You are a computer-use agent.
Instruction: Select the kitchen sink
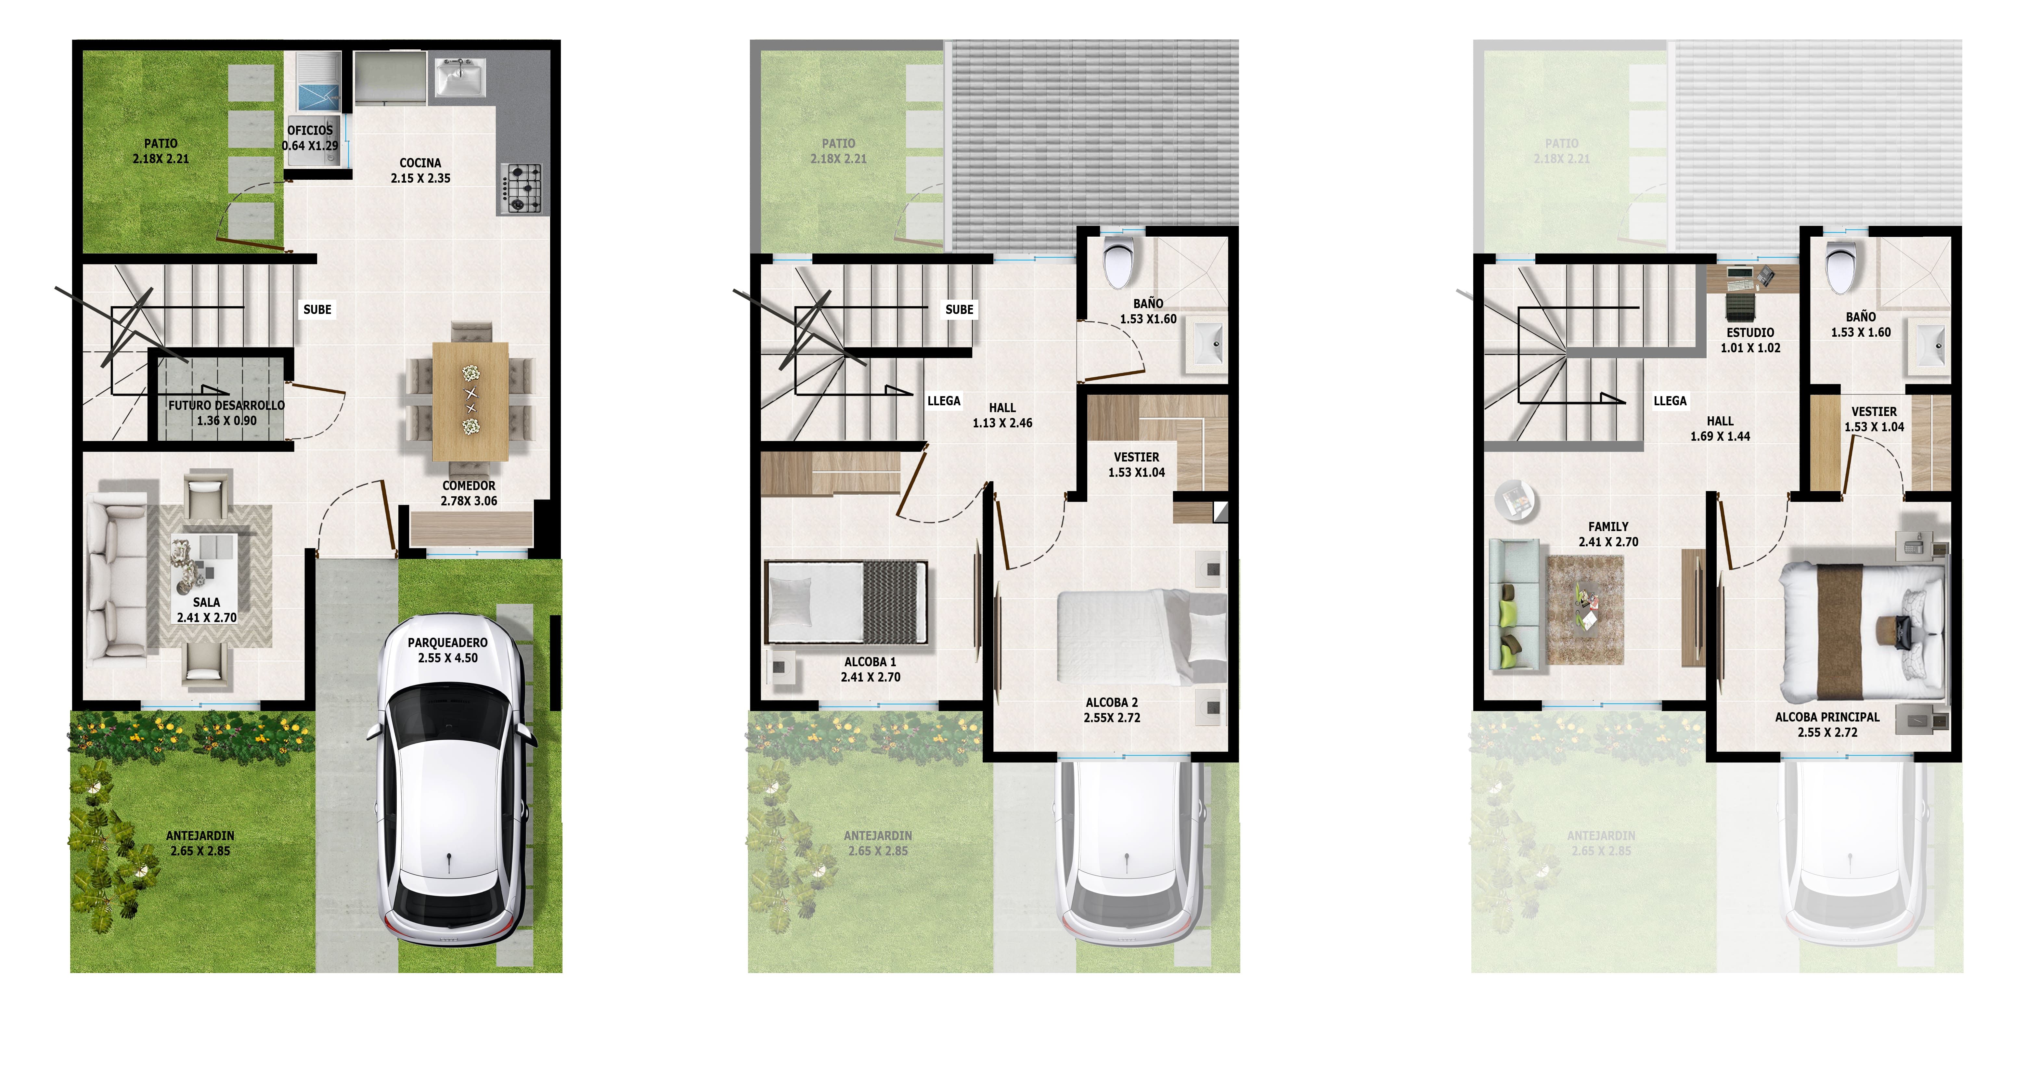pos(460,77)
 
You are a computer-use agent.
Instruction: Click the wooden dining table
pos(470,401)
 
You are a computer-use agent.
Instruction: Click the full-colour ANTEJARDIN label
pos(200,843)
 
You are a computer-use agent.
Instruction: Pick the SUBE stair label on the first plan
pos(317,309)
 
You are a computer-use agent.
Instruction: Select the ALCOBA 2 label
pos(1111,709)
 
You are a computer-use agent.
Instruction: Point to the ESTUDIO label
pos(1750,340)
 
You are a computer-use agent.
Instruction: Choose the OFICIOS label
pos(310,138)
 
